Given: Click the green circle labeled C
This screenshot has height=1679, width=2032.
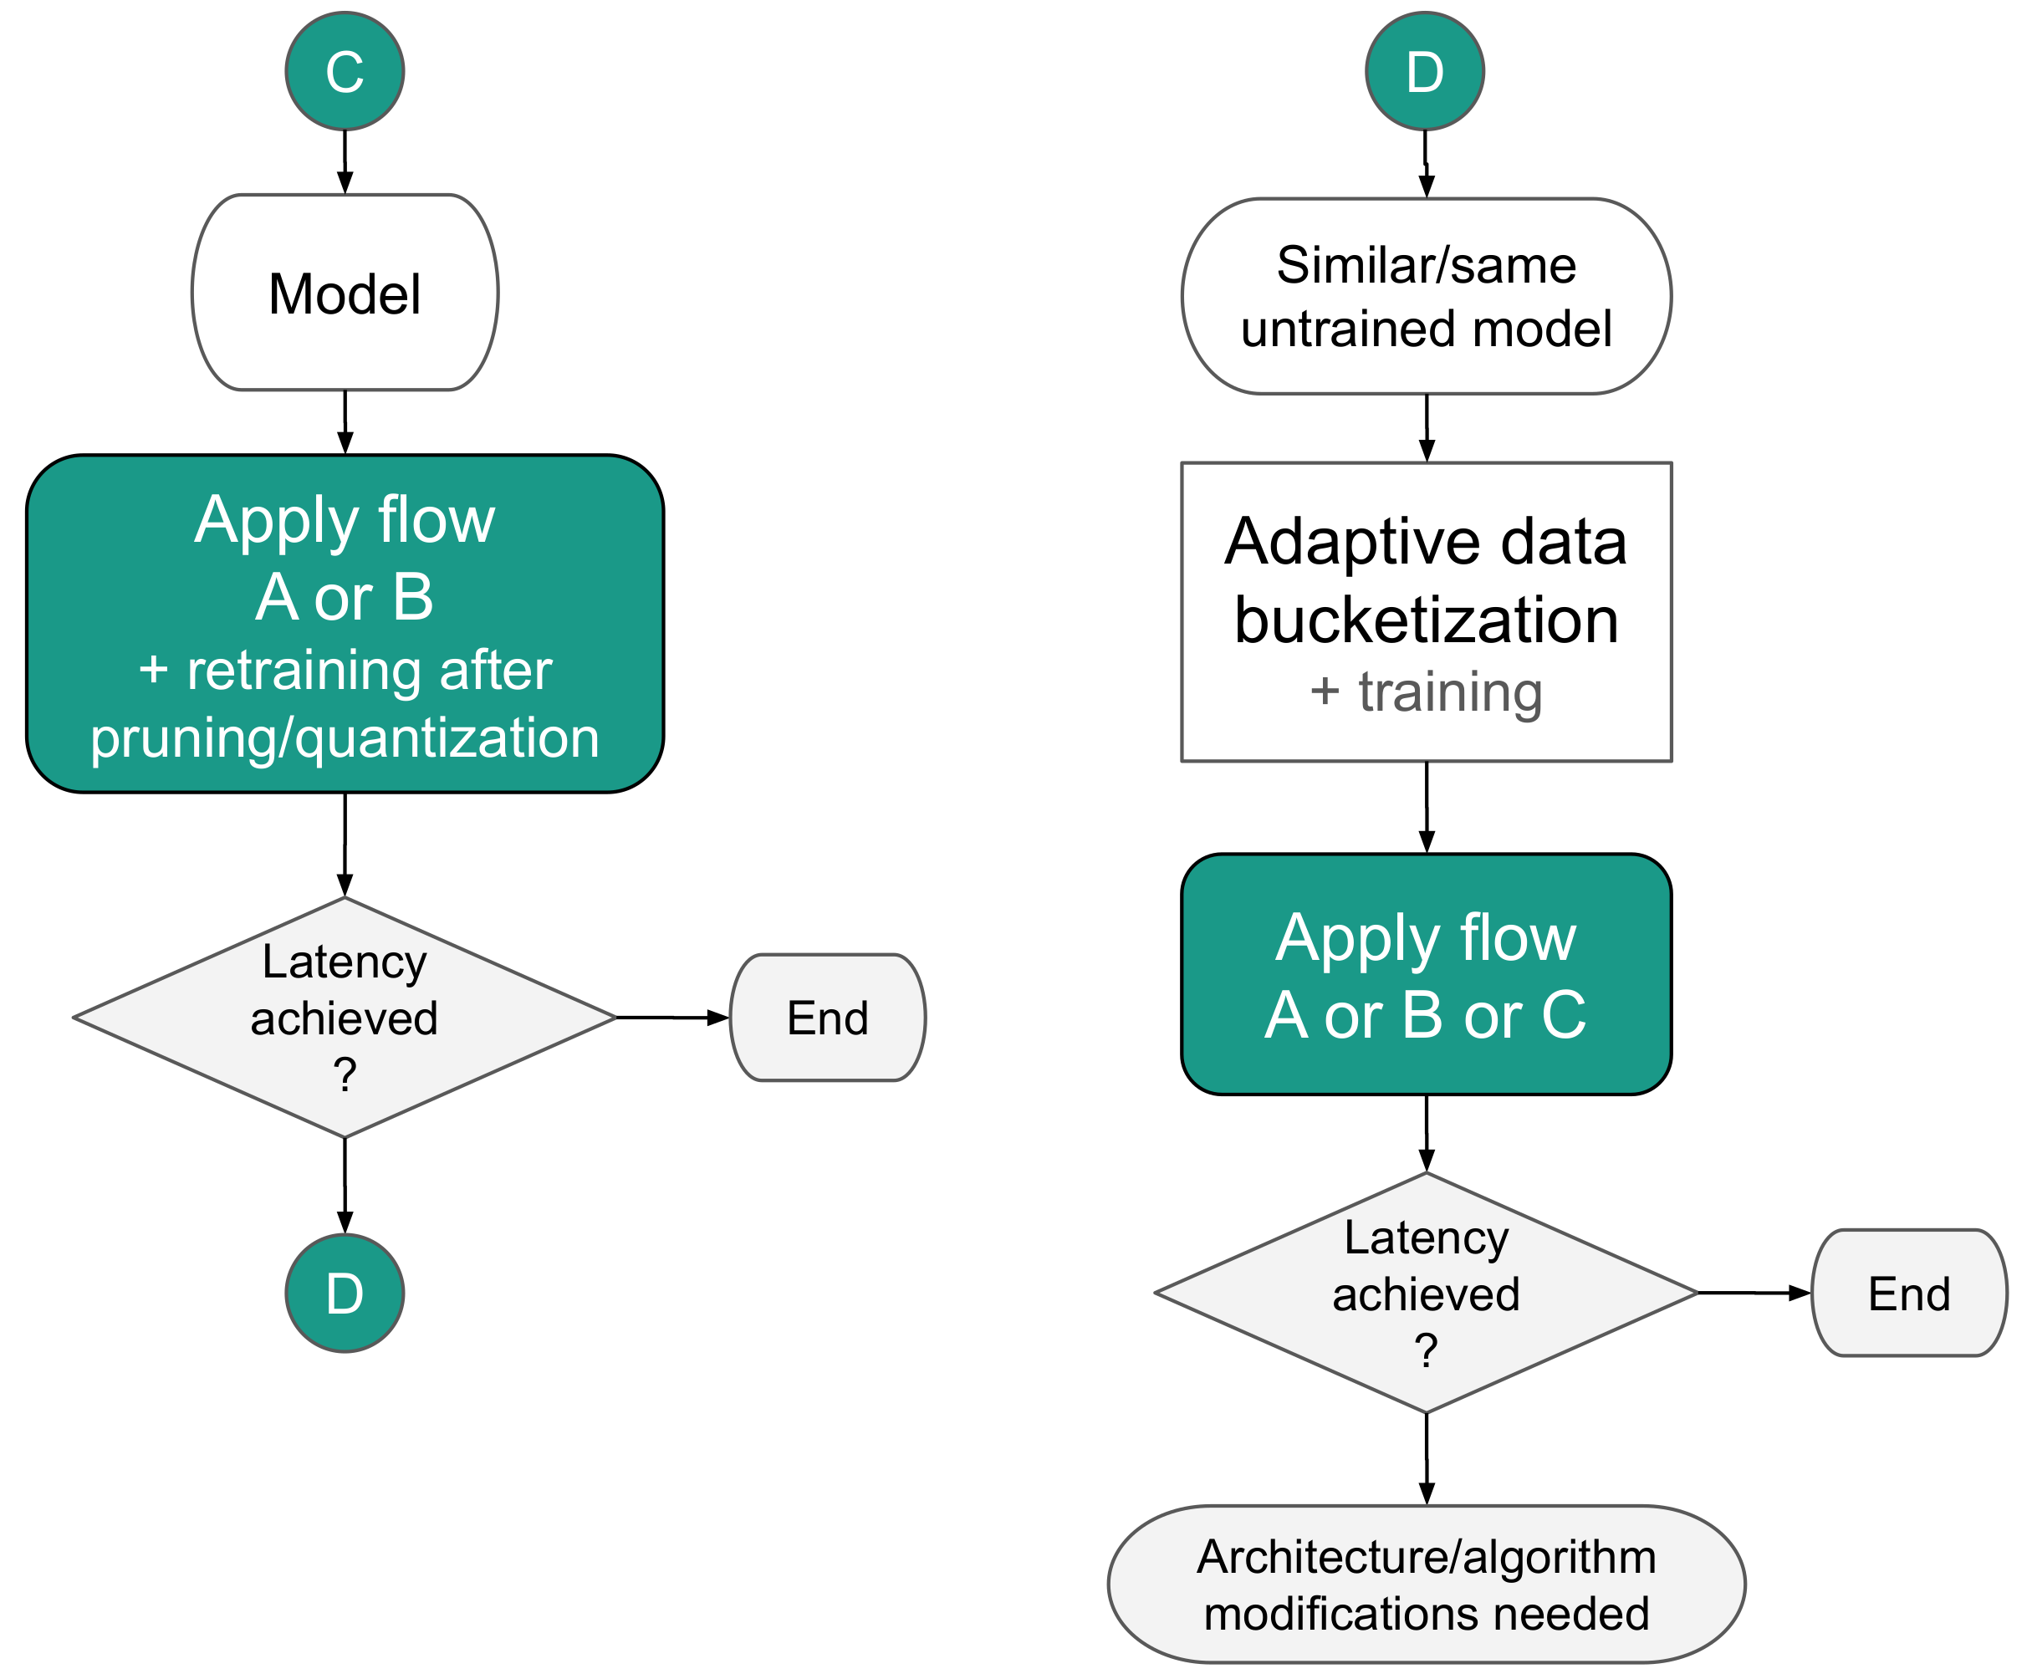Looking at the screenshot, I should point(345,72).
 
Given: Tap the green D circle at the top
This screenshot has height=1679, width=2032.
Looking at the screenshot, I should point(1424,72).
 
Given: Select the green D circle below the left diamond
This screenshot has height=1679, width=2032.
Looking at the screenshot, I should point(345,1293).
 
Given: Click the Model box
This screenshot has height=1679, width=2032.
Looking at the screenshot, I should point(345,292).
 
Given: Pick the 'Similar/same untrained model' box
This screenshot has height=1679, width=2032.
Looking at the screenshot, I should point(1426,296).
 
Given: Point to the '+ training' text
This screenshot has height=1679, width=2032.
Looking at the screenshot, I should point(1426,692).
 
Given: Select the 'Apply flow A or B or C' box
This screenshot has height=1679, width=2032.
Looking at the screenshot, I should point(1426,974).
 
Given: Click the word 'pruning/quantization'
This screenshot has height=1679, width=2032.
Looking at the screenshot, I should point(345,738).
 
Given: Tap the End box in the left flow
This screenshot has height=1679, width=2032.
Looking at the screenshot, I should point(827,1018).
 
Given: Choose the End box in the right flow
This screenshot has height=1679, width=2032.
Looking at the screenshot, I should point(1908,1293).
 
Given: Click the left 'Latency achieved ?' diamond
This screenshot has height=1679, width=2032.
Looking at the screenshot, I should point(345,1018).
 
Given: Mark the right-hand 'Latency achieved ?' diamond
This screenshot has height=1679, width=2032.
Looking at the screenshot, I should point(1426,1293).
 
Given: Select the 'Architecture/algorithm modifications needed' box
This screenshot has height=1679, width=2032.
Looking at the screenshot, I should point(1426,1585).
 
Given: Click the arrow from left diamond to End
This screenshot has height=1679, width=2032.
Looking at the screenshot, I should point(671,1018).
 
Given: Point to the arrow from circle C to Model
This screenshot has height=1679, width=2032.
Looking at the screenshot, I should point(345,161).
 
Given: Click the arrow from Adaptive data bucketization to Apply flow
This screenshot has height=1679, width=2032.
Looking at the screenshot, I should point(1426,807).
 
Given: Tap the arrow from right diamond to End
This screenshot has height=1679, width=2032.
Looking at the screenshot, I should point(1753,1293).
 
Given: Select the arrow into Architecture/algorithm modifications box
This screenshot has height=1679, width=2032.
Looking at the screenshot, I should point(1426,1458).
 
